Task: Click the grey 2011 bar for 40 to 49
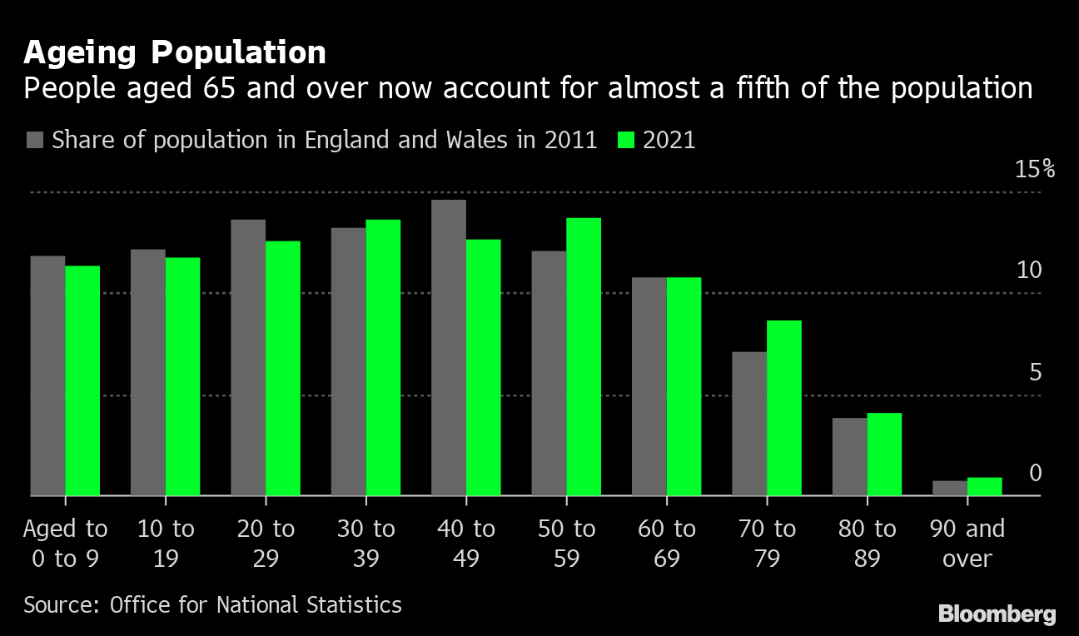click(x=449, y=348)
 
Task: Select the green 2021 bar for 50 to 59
click(x=584, y=357)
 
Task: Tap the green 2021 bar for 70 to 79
click(x=783, y=408)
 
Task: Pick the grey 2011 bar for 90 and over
click(x=949, y=488)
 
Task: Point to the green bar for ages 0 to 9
click(x=82, y=380)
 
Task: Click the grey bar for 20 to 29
click(x=248, y=358)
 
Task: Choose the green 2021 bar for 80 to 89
click(x=884, y=454)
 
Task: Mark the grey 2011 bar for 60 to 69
click(x=649, y=386)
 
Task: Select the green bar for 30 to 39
click(x=383, y=358)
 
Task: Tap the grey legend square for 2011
click(x=34, y=140)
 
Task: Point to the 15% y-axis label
click(x=1035, y=170)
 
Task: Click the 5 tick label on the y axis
click(x=1035, y=372)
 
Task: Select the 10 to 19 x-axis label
click(x=165, y=543)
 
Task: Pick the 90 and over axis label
click(x=967, y=543)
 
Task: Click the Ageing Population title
click(x=175, y=52)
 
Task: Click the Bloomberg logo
click(x=997, y=614)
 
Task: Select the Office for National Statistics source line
click(x=212, y=604)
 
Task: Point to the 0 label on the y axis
click(x=1035, y=473)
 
